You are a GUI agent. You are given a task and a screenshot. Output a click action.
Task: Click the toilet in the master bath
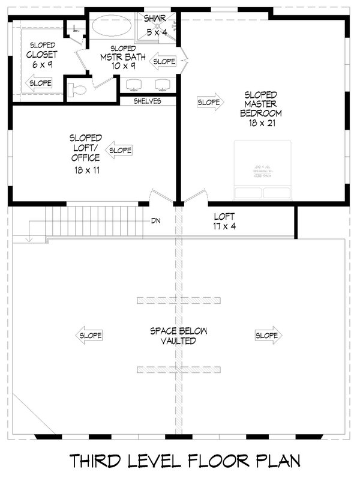pos(77,90)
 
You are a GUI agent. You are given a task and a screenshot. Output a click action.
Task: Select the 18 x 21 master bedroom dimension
pos(260,123)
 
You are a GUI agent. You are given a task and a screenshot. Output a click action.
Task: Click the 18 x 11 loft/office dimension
pos(85,171)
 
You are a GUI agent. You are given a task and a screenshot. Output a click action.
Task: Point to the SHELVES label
pos(148,101)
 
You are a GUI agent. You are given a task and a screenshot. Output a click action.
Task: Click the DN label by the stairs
pos(156,220)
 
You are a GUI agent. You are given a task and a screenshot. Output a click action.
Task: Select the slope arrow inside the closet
pos(40,83)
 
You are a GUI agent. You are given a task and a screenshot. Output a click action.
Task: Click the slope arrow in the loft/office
pos(119,150)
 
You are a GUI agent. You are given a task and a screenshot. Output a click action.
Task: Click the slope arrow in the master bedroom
pos(209,103)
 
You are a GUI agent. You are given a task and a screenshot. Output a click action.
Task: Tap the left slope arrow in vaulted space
pos(89,335)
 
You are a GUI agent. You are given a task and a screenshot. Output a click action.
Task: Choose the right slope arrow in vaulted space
pos(266,335)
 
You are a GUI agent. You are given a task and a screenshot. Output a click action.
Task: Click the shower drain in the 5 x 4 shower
pos(157,26)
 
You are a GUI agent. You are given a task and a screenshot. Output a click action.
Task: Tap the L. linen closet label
pos(76,28)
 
